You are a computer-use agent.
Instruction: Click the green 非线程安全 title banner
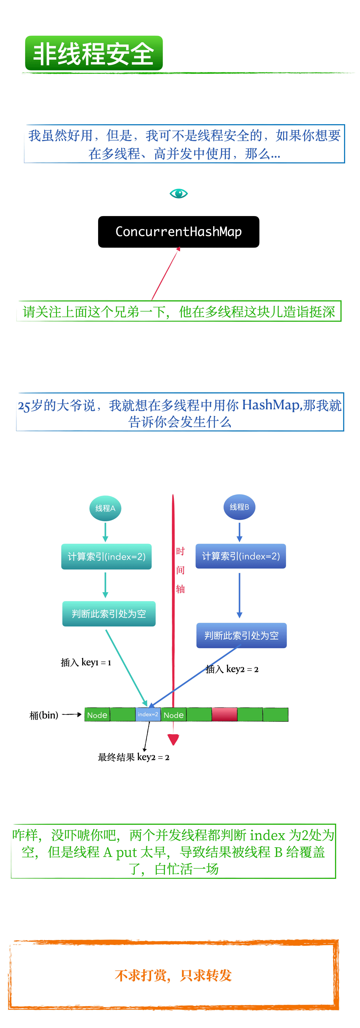click(x=94, y=54)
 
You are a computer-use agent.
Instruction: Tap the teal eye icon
click(x=178, y=194)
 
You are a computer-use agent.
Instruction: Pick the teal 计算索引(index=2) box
click(x=106, y=556)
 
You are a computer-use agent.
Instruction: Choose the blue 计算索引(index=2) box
click(x=241, y=556)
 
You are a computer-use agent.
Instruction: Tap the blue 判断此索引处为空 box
click(x=241, y=635)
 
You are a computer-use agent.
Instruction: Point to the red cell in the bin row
click(x=224, y=714)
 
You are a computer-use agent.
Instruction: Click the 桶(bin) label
click(x=43, y=715)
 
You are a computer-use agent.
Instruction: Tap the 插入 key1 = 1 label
click(x=86, y=662)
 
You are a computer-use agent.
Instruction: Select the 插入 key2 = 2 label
click(x=232, y=669)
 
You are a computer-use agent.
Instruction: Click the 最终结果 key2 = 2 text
click(x=134, y=757)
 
